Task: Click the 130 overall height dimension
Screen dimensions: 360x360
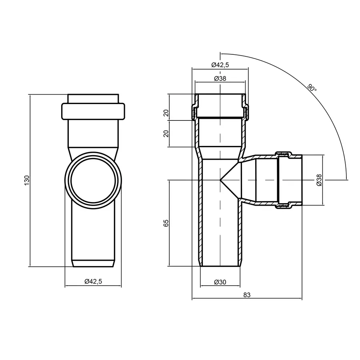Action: coord(27,180)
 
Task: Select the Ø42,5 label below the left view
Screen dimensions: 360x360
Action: coord(93,282)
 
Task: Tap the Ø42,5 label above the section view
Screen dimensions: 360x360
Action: coord(220,65)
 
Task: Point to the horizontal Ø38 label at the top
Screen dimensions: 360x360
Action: coord(220,78)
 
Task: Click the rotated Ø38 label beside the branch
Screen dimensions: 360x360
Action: coord(319,180)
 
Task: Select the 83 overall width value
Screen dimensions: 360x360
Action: coord(247,295)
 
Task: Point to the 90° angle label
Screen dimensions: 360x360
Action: coord(312,87)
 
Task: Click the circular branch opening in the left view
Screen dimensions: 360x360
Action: coord(93,180)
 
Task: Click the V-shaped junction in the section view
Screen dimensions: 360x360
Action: coord(229,180)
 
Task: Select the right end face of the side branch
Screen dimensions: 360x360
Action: coord(302,180)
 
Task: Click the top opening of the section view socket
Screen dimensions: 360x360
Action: coord(220,95)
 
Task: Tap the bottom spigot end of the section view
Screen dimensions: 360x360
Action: coord(220,266)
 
